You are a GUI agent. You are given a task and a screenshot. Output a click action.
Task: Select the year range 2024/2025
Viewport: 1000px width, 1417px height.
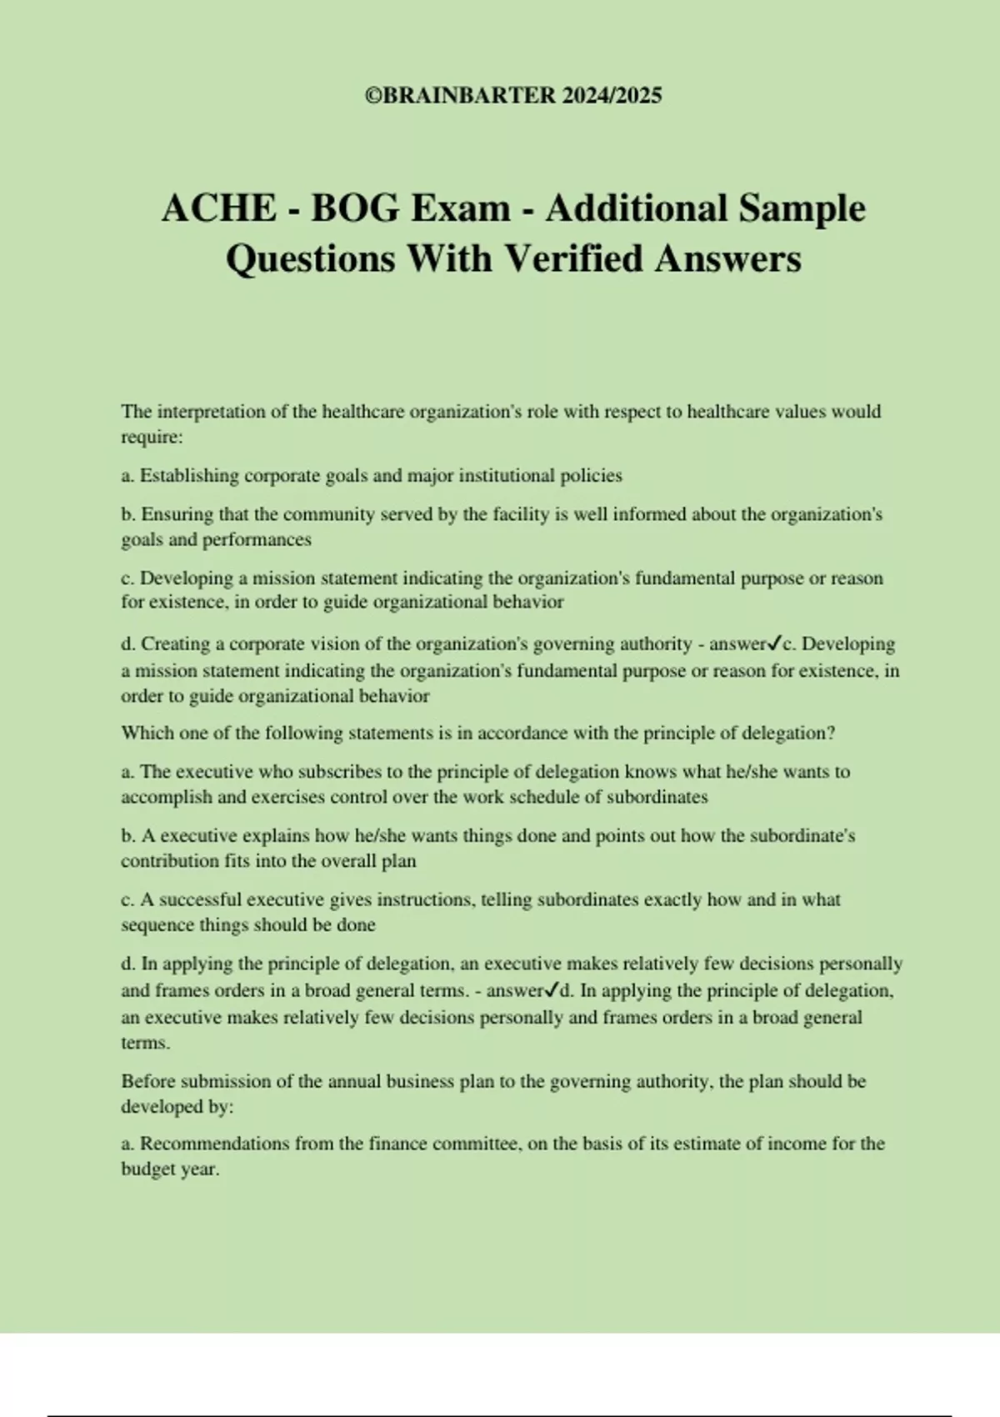pos(612,96)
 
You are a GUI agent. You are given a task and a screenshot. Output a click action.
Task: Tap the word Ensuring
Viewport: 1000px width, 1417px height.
pos(177,514)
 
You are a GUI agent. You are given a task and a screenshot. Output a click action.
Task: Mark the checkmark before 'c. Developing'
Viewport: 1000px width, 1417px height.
pos(775,643)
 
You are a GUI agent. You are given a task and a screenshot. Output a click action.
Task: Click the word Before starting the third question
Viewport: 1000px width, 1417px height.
pos(148,1082)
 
